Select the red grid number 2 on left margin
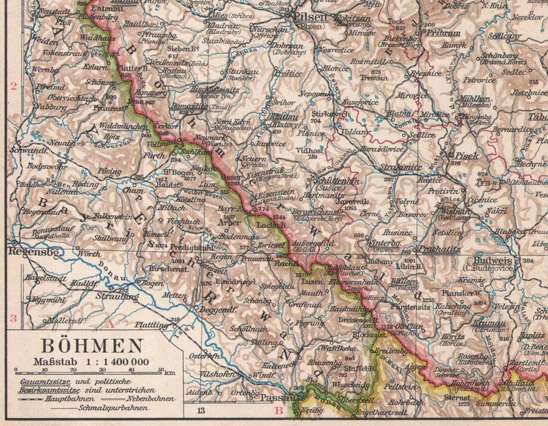coord(13,86)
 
